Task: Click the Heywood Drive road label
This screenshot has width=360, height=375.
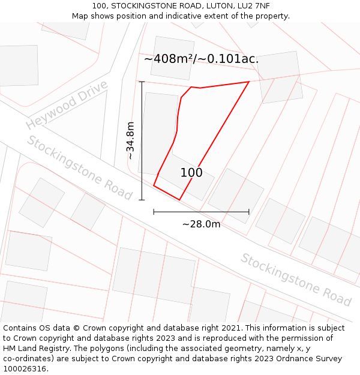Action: point(67,104)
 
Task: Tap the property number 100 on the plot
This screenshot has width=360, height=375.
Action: point(191,173)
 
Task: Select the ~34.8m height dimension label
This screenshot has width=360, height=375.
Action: point(130,140)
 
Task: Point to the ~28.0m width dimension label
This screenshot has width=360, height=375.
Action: point(201,224)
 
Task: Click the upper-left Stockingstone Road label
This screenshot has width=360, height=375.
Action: point(79,167)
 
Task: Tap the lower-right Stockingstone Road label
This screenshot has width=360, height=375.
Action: point(296,279)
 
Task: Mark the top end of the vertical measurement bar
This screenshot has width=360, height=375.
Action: point(142,82)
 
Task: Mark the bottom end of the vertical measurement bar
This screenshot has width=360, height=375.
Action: point(142,200)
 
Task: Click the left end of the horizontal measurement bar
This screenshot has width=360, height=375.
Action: point(154,212)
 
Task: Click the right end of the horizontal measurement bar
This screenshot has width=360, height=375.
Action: point(249,212)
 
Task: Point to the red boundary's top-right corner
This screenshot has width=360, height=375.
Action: point(249,82)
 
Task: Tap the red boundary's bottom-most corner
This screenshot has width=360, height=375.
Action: point(179,200)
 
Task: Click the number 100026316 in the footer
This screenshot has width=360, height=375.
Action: point(25,369)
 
